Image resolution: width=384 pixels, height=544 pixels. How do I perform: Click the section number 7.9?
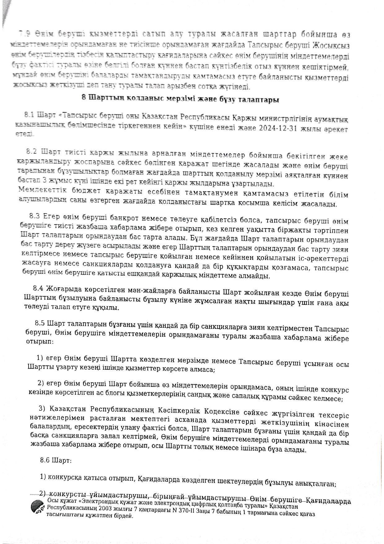click(x=25, y=33)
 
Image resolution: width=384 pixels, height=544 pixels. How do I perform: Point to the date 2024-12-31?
click(x=275, y=128)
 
